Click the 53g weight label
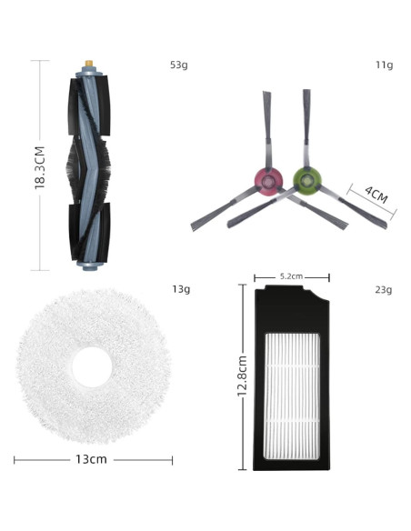[179, 65]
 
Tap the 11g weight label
[385, 65]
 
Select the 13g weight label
[181, 289]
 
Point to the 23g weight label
[384, 290]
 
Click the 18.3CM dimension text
[40, 167]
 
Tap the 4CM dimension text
[376, 195]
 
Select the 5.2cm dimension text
[291, 276]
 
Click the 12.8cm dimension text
[243, 376]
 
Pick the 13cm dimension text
[91, 459]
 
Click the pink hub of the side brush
[268, 182]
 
